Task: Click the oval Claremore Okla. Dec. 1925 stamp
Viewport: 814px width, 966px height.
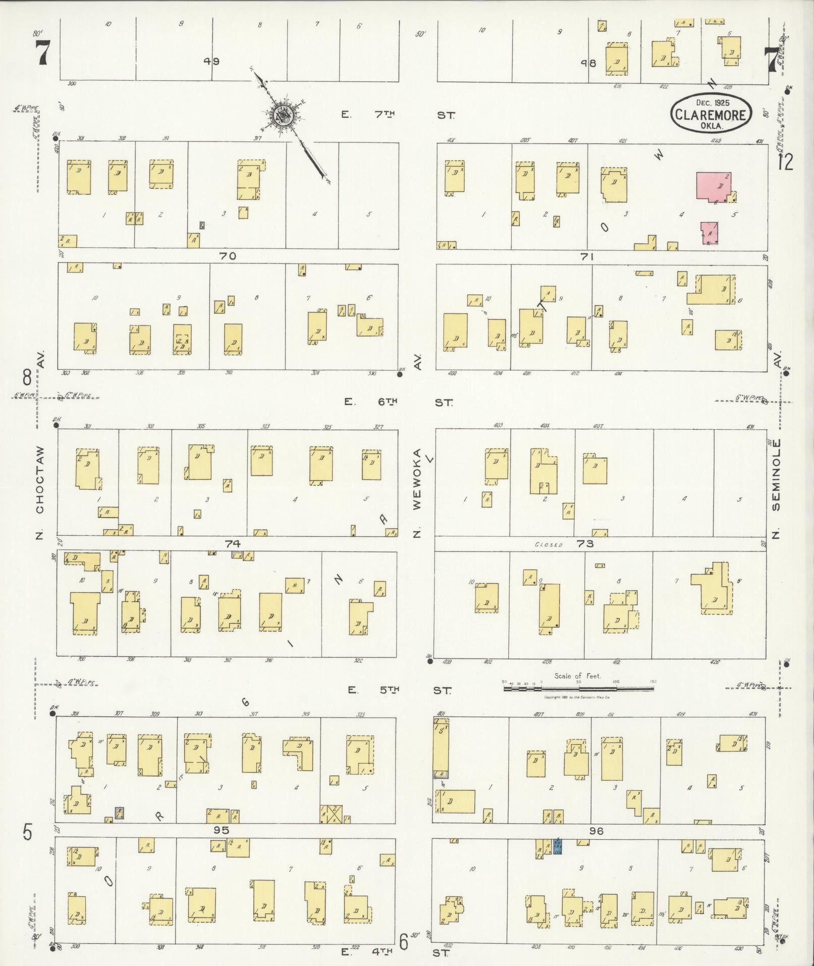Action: pos(711,114)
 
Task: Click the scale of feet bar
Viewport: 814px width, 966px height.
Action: pos(578,687)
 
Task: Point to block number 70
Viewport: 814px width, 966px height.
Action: pos(227,256)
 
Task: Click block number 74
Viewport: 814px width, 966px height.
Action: pos(233,544)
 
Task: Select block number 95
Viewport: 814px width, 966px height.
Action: pos(221,830)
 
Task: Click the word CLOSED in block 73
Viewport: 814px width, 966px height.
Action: pos(549,545)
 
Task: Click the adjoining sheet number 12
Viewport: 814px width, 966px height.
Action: pos(785,163)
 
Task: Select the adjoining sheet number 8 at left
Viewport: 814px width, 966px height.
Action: pos(26,377)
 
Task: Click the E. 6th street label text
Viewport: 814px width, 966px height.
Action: pos(371,402)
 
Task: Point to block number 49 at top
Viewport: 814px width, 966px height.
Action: pos(211,61)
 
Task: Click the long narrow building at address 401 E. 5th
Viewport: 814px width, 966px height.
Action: pos(441,747)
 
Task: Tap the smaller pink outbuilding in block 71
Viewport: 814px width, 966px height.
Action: pos(709,233)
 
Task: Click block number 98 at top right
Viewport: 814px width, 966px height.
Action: pos(588,63)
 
